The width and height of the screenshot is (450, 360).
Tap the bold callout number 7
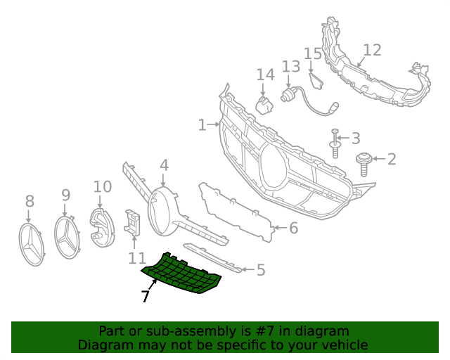tap(146, 296)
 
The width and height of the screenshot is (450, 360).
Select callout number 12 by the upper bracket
tap(372, 50)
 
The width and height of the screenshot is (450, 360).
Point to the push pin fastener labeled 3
tap(335, 143)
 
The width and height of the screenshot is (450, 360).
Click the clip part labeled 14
tap(264, 105)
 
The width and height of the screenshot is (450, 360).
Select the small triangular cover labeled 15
tap(316, 80)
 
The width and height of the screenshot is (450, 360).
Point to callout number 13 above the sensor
tap(291, 66)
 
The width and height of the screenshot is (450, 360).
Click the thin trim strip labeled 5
tap(212, 258)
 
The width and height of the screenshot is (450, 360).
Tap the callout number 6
tap(294, 228)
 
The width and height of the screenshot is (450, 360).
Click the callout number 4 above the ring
tap(164, 165)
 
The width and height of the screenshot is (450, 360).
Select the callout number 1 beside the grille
tap(202, 125)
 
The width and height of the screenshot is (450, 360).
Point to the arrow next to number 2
tap(379, 158)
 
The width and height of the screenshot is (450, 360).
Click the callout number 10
tap(103, 187)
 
